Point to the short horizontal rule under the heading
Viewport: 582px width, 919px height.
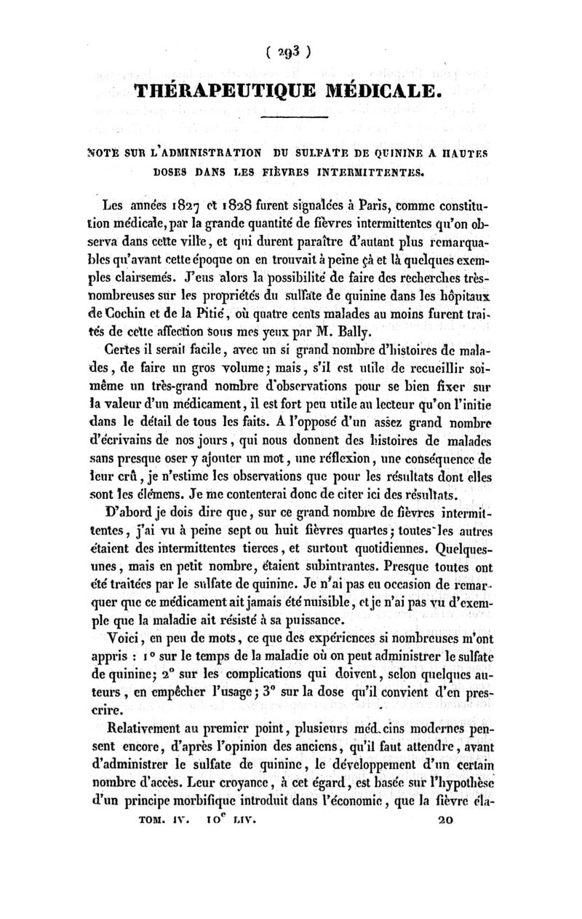[295, 119]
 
